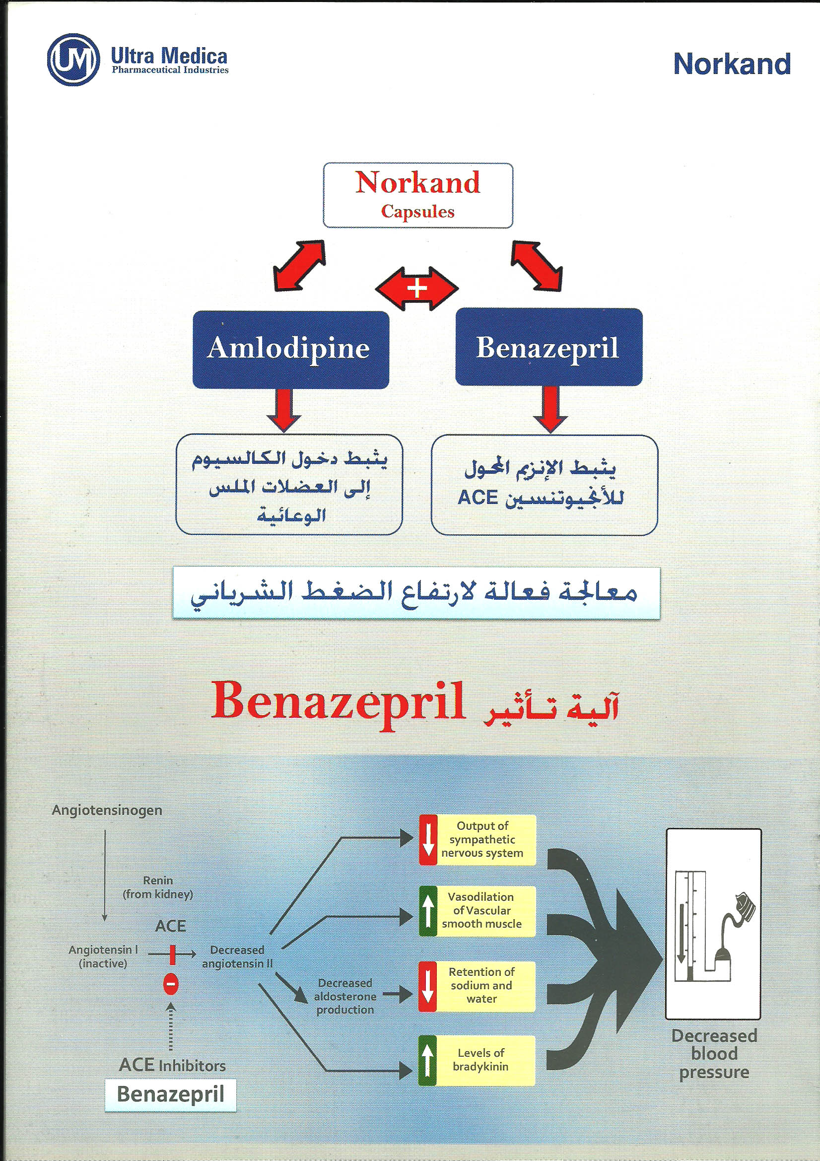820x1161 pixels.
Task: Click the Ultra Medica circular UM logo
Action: [73, 59]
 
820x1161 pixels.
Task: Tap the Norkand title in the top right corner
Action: [732, 65]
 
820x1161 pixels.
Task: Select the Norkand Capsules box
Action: [417, 195]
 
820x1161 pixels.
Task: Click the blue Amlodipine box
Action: [290, 349]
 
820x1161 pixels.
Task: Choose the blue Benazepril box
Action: [548, 348]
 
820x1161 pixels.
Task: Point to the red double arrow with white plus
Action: [416, 289]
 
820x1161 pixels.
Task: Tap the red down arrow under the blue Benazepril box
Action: [550, 409]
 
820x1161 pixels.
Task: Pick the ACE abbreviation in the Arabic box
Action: [478, 498]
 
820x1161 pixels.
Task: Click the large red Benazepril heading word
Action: [338, 702]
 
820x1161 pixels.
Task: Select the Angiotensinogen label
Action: [107, 810]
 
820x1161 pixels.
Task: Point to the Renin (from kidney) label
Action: [158, 887]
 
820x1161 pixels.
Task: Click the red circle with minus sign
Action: [170, 984]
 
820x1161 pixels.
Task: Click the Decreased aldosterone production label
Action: [345, 996]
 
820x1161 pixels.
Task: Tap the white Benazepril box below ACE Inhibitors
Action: [170, 1095]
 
